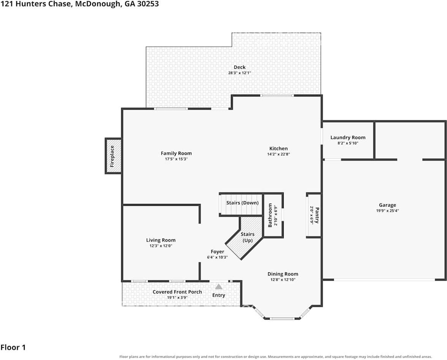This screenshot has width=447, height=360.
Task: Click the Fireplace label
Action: point(112,156)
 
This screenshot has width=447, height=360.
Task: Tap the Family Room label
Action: point(176,153)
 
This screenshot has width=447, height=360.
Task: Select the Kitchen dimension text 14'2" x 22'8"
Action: point(278,154)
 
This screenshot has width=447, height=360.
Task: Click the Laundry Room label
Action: point(348,137)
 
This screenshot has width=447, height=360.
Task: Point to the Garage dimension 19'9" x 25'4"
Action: point(387,211)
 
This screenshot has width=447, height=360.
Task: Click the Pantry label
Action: point(317,215)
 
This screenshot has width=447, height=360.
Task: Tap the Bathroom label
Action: point(270,215)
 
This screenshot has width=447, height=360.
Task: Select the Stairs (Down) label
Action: point(242,203)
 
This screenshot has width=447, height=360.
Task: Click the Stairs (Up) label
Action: point(248,237)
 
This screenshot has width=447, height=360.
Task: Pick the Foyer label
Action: point(217,252)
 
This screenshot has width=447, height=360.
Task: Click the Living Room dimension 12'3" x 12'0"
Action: point(161,246)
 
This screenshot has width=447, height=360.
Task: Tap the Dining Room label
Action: point(283,274)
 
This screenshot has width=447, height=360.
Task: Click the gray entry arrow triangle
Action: point(219,287)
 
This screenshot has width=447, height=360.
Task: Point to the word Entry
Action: point(219,295)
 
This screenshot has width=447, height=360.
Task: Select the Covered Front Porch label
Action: point(177,292)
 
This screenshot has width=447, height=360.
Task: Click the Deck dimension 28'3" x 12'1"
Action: point(240,73)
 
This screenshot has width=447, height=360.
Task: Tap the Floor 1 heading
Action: point(13,347)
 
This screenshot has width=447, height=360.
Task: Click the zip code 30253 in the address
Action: point(148,4)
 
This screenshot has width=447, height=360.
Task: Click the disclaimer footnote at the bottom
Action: point(276,357)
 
